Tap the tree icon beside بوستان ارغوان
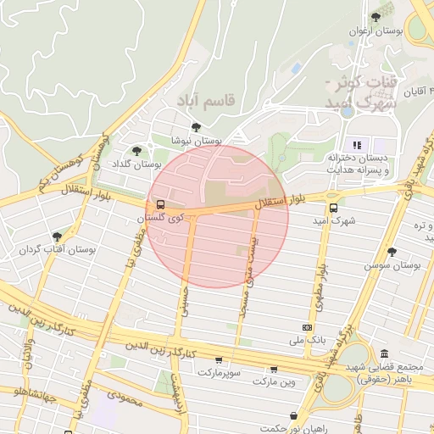point(376,18)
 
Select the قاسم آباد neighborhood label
point(209,99)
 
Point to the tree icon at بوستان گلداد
point(138,150)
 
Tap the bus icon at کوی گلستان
point(159,205)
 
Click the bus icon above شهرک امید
point(333,208)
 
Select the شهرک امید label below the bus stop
point(332,221)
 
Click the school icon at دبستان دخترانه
point(358,144)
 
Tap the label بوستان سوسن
point(392,265)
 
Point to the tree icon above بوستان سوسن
point(392,252)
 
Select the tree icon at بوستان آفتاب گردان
point(57,236)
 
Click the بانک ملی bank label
point(306,341)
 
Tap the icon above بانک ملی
point(306,328)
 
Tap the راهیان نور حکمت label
point(293,428)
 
